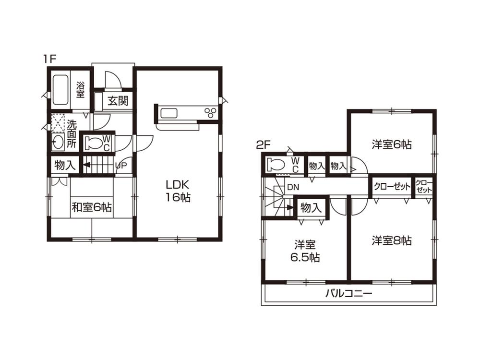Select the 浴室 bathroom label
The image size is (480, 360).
pos(81,90)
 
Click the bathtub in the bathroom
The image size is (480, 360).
pos(60,90)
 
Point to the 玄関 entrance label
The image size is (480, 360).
pos(117,101)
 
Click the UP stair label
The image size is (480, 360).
pos(120,166)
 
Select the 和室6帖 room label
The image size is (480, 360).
pos(92,207)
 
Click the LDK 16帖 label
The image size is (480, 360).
pos(179,191)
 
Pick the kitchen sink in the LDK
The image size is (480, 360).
pos(169,113)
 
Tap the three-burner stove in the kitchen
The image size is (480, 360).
pos(210,113)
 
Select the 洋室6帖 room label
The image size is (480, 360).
pos(392,144)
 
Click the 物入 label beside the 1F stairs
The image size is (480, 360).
pos(65,166)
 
